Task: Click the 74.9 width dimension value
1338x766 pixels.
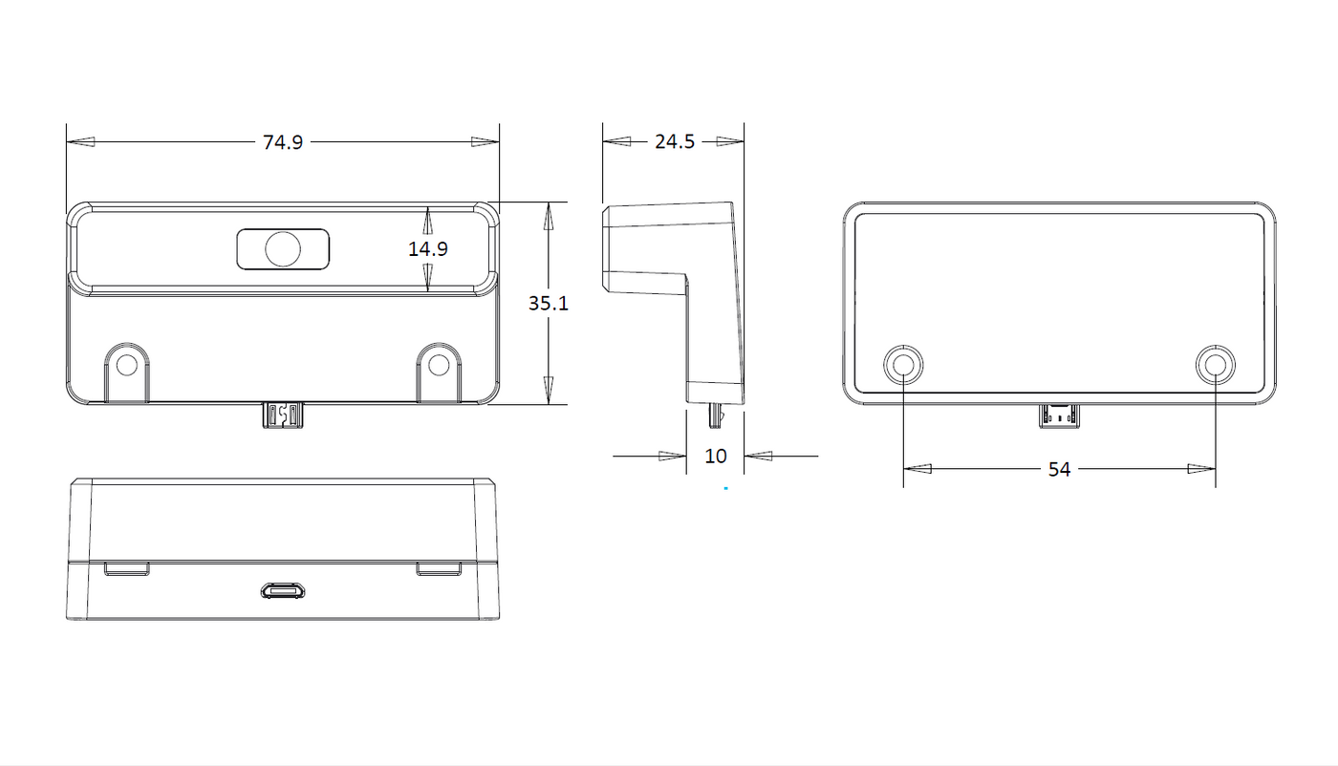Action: [x=283, y=142]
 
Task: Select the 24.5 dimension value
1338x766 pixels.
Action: [x=675, y=141]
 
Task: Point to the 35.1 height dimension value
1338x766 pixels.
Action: [x=549, y=304]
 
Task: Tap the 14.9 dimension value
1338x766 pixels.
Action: [x=428, y=248]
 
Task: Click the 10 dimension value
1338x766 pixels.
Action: [x=716, y=457]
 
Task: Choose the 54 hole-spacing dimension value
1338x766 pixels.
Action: [x=1059, y=469]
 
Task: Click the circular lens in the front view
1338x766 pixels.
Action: [x=283, y=249]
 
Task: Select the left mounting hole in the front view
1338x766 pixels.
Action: [x=126, y=365]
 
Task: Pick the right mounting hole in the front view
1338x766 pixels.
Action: [x=439, y=365]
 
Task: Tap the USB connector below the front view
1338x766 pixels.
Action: [x=283, y=415]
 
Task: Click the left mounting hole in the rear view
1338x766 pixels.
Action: [x=903, y=364]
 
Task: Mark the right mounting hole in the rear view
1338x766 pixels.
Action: [x=1216, y=364]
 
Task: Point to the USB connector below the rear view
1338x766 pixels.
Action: [x=1059, y=416]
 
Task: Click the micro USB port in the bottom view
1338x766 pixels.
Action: [x=283, y=591]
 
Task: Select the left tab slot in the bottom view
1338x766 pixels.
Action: [x=126, y=569]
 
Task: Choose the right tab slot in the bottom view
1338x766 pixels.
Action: [x=439, y=569]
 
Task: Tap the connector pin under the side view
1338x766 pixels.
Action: [x=715, y=416]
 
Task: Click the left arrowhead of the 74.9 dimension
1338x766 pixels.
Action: [x=80, y=142]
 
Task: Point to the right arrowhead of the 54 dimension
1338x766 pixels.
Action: [x=1201, y=469]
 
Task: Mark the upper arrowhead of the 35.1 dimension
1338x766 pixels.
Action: [x=549, y=216]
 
